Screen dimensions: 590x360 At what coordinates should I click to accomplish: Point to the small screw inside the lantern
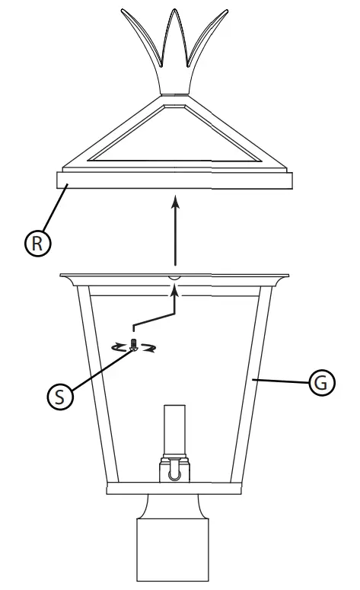[133, 346]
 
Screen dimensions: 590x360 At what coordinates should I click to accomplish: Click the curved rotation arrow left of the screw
[119, 347]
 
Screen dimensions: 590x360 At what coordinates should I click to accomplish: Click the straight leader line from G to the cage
[282, 380]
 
